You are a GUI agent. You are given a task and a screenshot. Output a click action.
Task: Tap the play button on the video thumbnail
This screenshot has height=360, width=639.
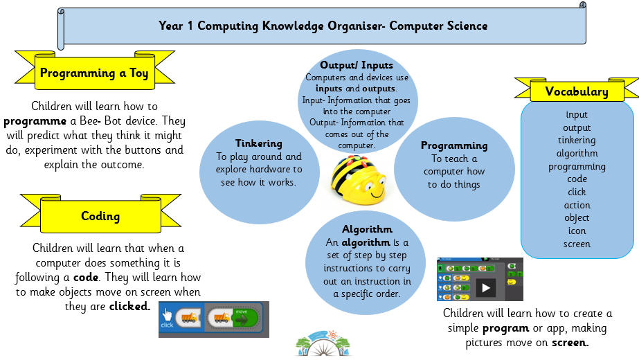click(x=485, y=288)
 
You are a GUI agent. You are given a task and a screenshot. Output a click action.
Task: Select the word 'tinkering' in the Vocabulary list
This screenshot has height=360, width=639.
click(x=577, y=141)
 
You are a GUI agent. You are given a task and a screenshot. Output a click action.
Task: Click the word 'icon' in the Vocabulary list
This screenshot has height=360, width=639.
click(x=577, y=231)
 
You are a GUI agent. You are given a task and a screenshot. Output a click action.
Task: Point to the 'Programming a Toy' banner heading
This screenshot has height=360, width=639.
click(x=94, y=73)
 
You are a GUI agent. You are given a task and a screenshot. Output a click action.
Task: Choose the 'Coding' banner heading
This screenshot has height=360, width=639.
click(x=100, y=216)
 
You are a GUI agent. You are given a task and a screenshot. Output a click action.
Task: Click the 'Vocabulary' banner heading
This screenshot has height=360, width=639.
click(x=577, y=91)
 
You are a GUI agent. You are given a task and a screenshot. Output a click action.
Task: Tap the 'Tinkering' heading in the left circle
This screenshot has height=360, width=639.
click(x=259, y=143)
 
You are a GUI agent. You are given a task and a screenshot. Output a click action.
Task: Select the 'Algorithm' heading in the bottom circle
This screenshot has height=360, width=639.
click(x=367, y=229)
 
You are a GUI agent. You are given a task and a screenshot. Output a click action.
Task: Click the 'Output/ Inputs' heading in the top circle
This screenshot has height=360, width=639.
click(x=357, y=65)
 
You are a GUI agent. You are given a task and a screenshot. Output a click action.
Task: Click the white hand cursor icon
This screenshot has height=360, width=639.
click(x=167, y=314)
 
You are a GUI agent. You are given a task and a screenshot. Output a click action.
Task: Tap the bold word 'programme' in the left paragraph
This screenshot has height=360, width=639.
click(x=35, y=121)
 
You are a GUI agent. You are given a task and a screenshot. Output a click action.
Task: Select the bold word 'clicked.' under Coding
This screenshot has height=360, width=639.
click(x=129, y=306)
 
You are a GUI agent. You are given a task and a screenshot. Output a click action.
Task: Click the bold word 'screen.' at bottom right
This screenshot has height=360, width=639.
click(x=570, y=343)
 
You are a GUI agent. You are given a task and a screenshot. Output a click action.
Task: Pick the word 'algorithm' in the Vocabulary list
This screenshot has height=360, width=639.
click(x=577, y=154)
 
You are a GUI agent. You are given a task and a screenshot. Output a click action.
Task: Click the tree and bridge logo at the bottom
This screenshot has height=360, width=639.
click(x=323, y=343)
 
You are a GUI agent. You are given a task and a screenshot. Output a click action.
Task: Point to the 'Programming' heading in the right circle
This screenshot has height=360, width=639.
click(x=454, y=146)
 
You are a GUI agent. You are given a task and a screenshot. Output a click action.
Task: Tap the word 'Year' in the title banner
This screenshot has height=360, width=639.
click(x=171, y=26)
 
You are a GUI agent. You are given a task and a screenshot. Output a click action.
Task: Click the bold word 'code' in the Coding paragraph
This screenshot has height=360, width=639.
click(x=86, y=277)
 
